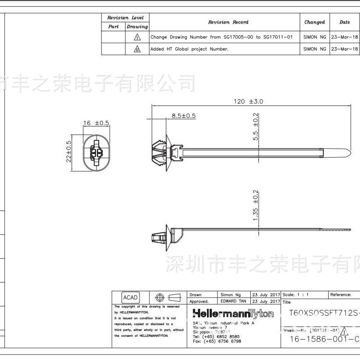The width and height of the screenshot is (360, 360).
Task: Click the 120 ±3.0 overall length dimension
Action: [x=248, y=102]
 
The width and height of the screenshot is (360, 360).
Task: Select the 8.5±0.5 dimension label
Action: [x=183, y=116]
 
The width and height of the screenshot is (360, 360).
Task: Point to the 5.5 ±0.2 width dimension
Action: [x=255, y=127]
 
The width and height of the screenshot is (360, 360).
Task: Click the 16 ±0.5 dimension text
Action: [x=96, y=123]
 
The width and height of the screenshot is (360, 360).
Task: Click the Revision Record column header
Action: [x=228, y=22]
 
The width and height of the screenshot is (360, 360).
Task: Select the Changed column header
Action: [x=314, y=22]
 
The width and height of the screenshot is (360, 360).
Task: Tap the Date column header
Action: [x=345, y=22]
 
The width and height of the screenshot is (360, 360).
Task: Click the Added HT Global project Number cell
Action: [x=189, y=49]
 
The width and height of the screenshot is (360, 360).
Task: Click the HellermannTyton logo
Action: [x=233, y=314]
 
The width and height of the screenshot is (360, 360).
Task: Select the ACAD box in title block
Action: [x=130, y=298]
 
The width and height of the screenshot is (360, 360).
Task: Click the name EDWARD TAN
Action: [x=233, y=301]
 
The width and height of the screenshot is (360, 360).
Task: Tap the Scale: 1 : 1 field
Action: [x=295, y=295]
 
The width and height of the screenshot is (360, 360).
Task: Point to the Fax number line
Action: [x=217, y=341]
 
